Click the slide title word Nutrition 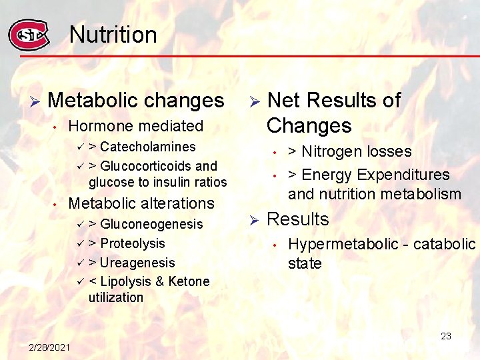(113, 35)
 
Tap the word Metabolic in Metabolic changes (90, 101)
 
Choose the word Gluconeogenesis (151, 224)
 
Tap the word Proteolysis (133, 243)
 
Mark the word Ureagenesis (137, 263)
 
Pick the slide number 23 (446, 336)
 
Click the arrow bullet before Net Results (253, 101)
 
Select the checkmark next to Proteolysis (79, 243)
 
